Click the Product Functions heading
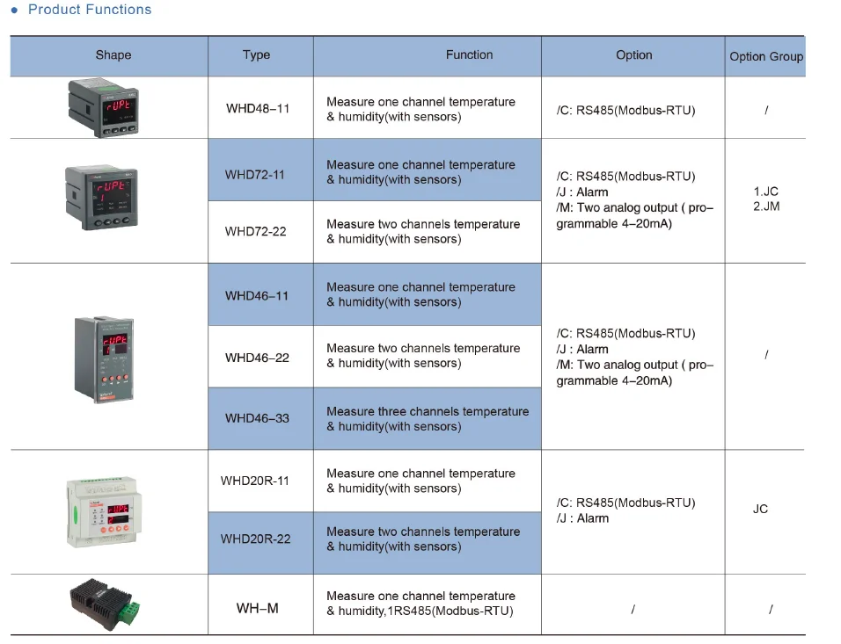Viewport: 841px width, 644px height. (89, 10)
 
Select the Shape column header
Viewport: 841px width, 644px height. (113, 54)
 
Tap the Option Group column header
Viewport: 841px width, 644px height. (765, 56)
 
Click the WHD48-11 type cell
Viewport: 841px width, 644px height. (258, 108)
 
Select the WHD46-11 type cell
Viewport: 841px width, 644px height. (257, 295)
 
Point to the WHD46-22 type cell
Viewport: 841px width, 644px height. (257, 358)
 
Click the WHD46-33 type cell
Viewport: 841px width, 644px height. (257, 418)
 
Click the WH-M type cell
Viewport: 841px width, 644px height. (257, 608)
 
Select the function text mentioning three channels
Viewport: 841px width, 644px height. (428, 418)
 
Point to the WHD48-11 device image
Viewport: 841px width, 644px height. (103, 108)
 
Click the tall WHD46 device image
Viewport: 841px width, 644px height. (105, 359)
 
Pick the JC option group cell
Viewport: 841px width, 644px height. (760, 509)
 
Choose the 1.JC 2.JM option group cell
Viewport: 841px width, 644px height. (765, 199)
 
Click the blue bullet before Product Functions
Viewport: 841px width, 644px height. (14, 10)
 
